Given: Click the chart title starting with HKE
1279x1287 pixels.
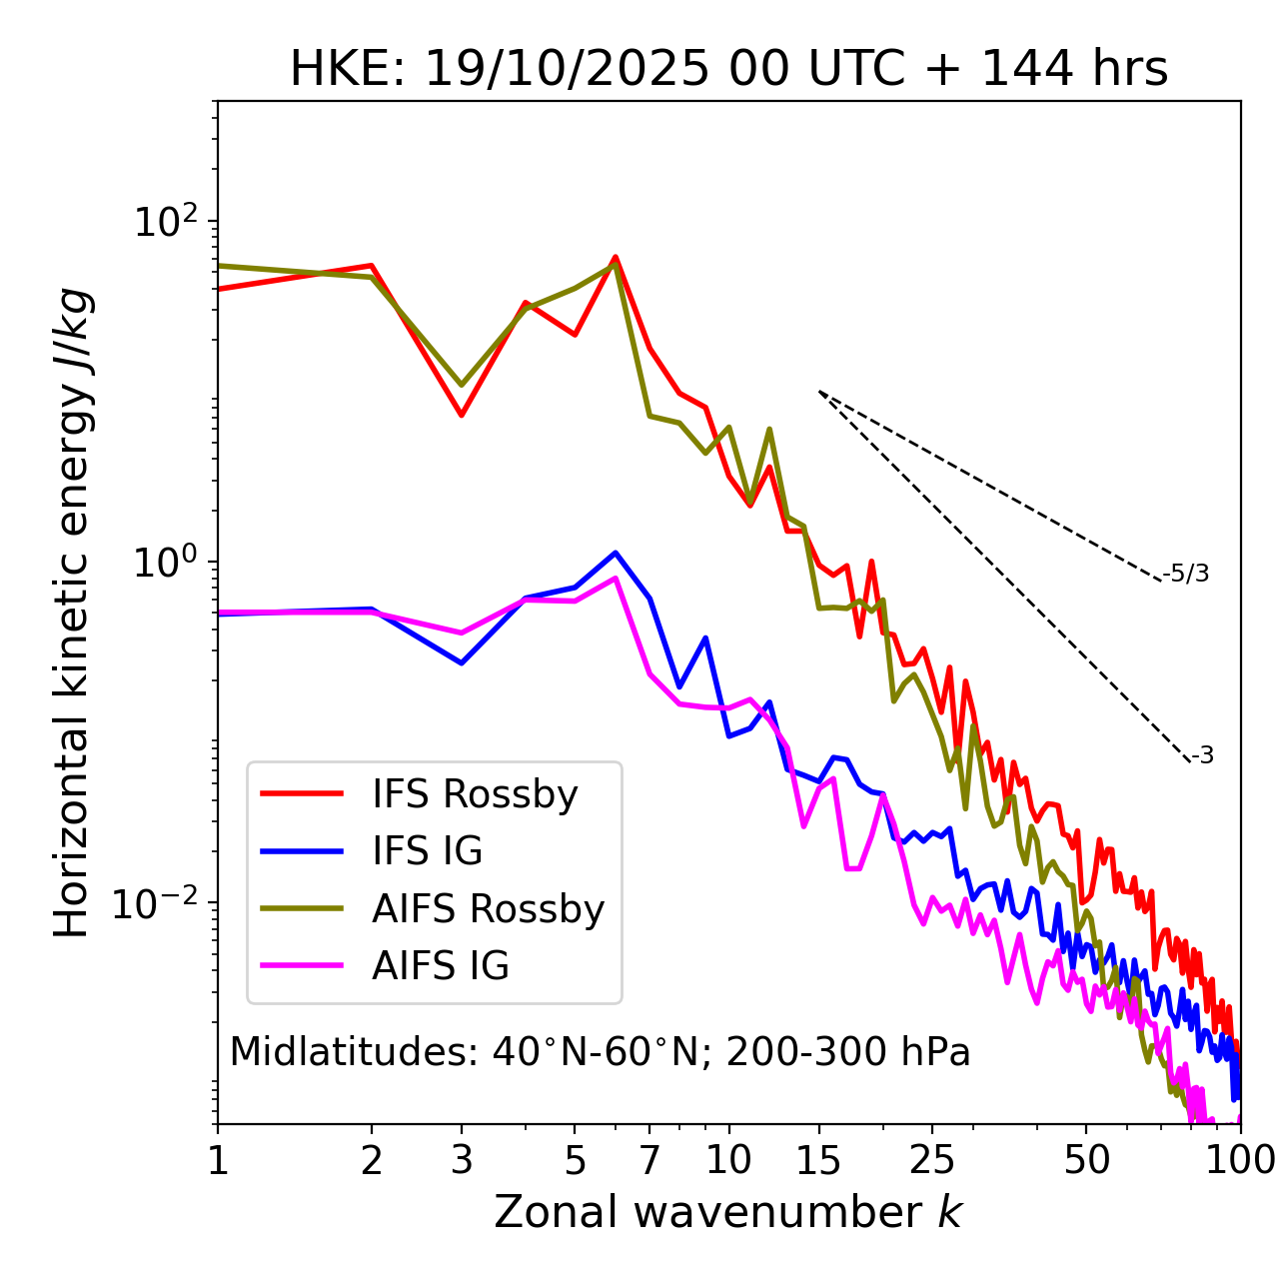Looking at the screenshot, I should click(x=728, y=69).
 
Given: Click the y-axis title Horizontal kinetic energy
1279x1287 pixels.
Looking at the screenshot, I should click(x=72, y=613).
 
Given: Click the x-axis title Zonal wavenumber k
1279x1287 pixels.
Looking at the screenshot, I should click(x=728, y=1212).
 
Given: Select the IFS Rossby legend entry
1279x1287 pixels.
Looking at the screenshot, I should click(x=475, y=794).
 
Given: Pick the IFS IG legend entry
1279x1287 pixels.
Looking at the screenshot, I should click(x=427, y=851).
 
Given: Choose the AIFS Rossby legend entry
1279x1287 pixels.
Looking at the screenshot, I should click(x=488, y=909).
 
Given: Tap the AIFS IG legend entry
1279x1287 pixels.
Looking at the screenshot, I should click(x=440, y=966).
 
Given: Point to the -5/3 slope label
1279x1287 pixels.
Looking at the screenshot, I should click(x=1186, y=574).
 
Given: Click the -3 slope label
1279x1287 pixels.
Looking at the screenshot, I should click(x=1202, y=755).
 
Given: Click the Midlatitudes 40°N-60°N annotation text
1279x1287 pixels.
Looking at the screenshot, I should click(x=600, y=1052).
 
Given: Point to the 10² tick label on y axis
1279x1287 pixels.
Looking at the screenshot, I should click(x=163, y=222).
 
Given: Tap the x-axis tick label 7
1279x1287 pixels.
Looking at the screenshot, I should click(x=649, y=1160).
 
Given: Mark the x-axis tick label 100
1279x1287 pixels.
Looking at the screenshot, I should click(x=1240, y=1160).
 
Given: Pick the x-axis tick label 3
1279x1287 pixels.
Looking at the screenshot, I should click(x=462, y=1160).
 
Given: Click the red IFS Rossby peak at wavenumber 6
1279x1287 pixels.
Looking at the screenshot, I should click(x=616, y=257).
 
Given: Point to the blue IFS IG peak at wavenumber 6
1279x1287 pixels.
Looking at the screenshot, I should click(x=616, y=552).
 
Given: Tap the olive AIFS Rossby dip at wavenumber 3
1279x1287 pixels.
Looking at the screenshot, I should click(x=462, y=385).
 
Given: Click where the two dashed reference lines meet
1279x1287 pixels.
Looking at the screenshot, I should click(x=819, y=392).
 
